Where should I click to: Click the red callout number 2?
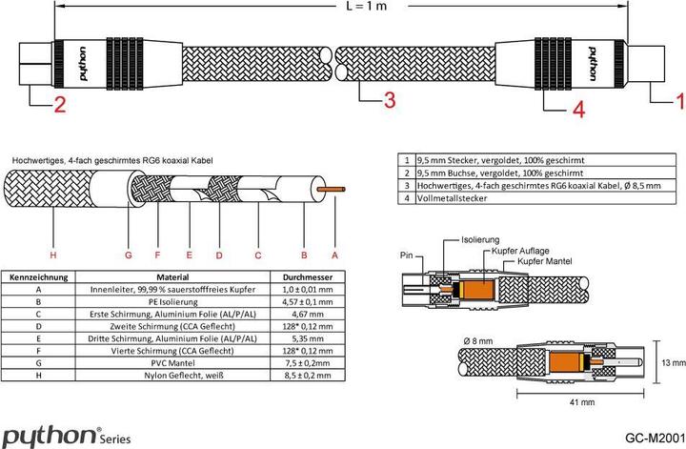(59, 106)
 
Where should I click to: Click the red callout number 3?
(389, 99)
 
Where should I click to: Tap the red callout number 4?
(577, 111)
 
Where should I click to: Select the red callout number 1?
(679, 98)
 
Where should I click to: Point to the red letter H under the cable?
(53, 255)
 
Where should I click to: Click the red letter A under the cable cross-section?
(334, 255)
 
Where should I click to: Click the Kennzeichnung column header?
(37, 276)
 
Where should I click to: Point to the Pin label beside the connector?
(407, 256)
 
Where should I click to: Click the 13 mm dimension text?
(672, 362)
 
